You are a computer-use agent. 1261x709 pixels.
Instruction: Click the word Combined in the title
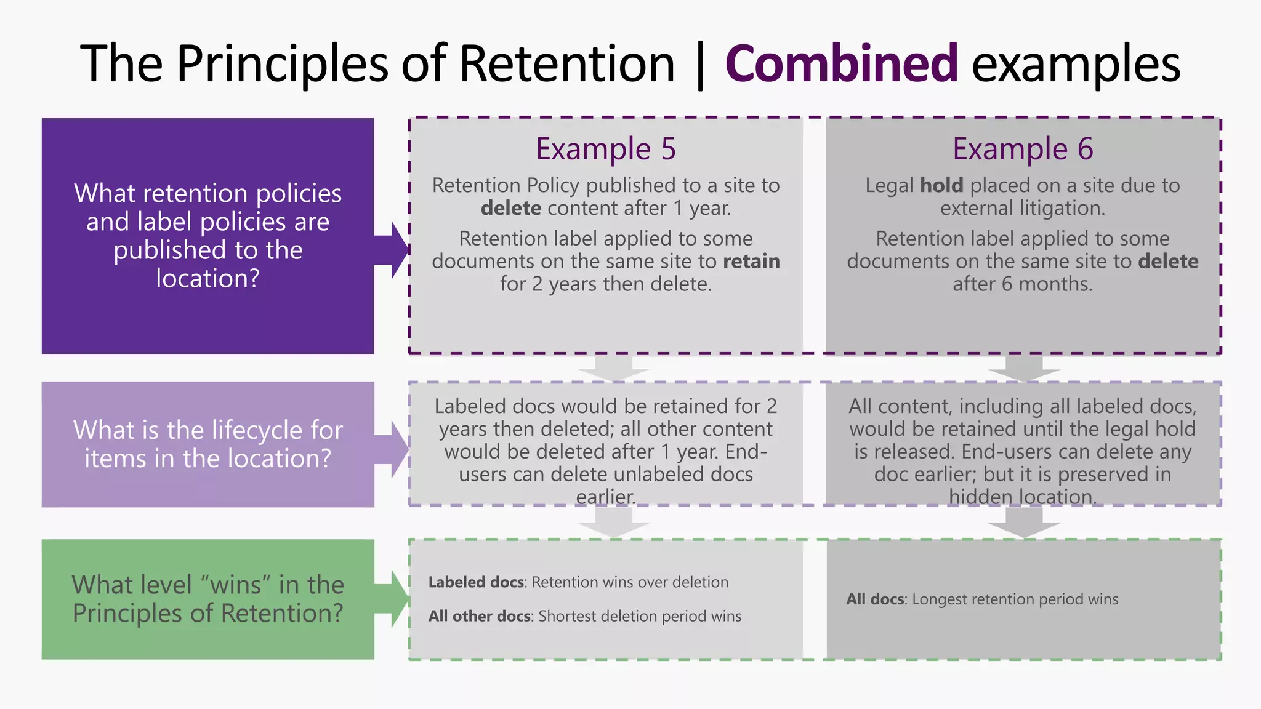click(x=841, y=63)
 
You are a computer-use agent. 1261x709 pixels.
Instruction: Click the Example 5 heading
click(x=606, y=149)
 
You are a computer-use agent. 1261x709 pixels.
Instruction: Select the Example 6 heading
click(x=1023, y=149)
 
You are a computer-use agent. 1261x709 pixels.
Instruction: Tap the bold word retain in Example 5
click(x=751, y=262)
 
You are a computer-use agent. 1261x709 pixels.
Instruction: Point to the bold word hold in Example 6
click(x=941, y=185)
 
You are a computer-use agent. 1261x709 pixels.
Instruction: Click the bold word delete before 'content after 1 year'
click(x=511, y=208)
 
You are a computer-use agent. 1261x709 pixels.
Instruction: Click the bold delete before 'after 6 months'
click(x=1168, y=262)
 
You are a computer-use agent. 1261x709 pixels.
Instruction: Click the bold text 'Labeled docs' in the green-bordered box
click(x=477, y=582)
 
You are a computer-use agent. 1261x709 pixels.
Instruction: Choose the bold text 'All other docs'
click(x=480, y=616)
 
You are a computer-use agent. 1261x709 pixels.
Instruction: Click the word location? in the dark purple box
click(x=207, y=279)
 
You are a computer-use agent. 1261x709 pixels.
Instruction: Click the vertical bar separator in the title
click(x=700, y=65)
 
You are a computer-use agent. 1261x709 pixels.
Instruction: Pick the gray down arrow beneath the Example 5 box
click(x=613, y=368)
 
